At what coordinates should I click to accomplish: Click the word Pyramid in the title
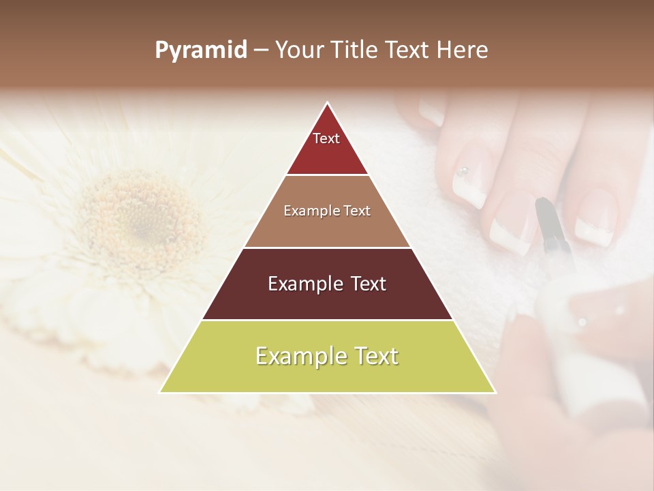[x=201, y=50]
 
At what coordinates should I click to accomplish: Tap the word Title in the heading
[x=355, y=50]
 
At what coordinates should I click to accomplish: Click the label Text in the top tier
[x=326, y=138]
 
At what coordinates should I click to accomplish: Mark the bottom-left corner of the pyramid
[x=160, y=392]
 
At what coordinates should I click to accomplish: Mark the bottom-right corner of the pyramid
[x=495, y=392]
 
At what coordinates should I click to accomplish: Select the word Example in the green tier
[x=298, y=356]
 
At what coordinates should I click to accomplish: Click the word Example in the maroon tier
[x=305, y=284]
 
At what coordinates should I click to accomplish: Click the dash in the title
[x=261, y=50]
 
